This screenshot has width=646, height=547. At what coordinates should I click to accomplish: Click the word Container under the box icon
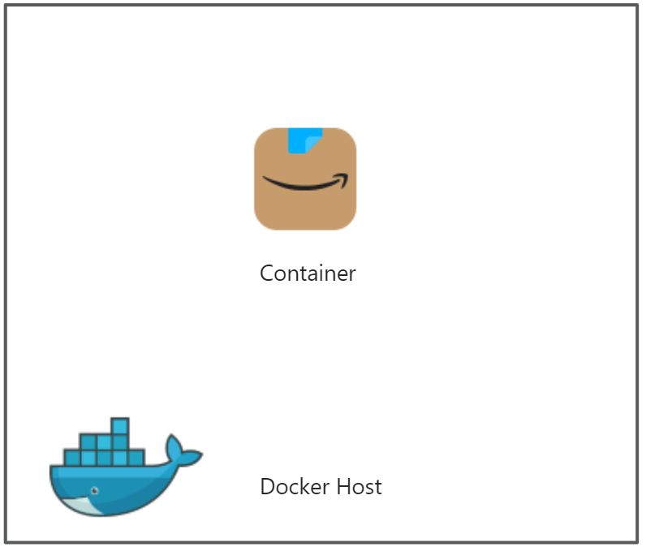308,273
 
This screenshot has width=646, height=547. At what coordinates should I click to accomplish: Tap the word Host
360,487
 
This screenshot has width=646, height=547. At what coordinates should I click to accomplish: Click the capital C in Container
266,273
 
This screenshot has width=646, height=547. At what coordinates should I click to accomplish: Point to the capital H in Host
347,487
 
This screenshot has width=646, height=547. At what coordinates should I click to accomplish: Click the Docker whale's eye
94,491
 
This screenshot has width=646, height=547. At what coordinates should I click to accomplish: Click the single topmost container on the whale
120,426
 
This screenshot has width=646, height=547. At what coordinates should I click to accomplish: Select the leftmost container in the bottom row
72,458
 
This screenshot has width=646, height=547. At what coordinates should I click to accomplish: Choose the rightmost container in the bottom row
136,458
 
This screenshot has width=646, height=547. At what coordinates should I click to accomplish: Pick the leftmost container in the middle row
88,442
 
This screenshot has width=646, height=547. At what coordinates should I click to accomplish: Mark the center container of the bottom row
105,458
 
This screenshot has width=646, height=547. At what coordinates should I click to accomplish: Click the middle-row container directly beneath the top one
120,442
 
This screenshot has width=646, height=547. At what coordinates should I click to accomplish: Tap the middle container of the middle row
105,442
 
